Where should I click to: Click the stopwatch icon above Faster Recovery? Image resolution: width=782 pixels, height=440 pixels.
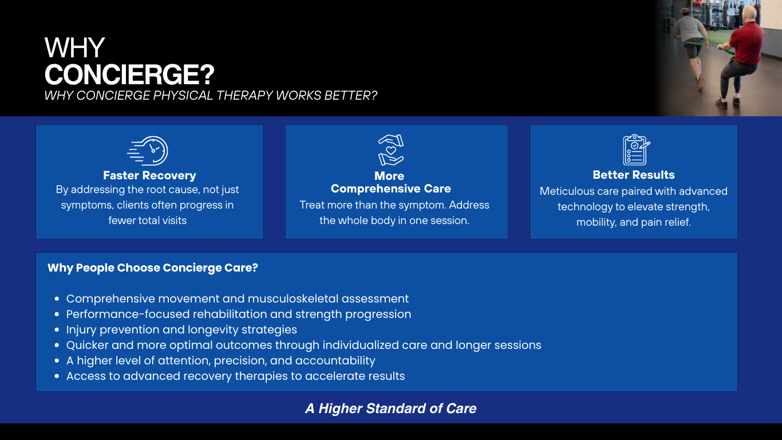(148, 151)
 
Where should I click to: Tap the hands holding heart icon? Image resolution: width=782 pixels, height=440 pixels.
(391, 150)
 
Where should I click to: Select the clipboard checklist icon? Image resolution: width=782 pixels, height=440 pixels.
(635, 150)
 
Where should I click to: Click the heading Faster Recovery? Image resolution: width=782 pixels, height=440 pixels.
(149, 175)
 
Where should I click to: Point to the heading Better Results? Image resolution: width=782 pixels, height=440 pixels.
(634, 175)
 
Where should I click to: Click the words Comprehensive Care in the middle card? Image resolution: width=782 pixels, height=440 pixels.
(391, 188)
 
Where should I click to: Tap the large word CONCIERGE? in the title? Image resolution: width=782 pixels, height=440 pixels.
(129, 74)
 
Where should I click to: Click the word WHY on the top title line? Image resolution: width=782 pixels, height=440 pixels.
(74, 48)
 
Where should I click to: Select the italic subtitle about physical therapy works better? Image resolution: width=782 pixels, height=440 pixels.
(211, 95)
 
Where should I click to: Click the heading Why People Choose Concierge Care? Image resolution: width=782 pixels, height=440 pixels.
(153, 268)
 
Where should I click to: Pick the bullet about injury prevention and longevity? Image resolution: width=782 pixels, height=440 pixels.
(181, 329)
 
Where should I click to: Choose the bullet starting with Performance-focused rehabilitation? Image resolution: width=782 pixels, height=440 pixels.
(239, 314)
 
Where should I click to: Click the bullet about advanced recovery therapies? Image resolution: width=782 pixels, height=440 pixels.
(235, 376)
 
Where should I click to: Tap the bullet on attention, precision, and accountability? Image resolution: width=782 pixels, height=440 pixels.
(220, 360)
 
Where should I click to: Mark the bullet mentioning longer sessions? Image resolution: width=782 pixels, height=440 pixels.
(303, 345)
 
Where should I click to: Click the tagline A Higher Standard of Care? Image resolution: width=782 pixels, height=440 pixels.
(391, 408)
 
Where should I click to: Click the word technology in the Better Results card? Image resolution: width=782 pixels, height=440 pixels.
(586, 206)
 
